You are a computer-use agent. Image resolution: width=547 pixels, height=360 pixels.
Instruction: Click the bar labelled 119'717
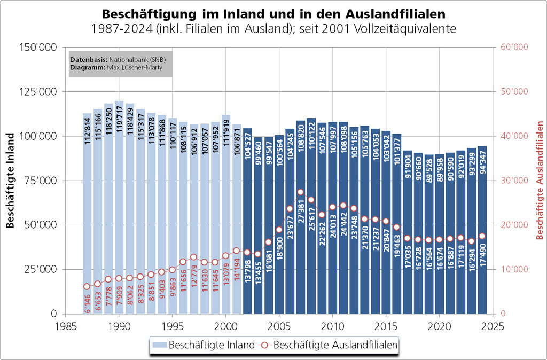coord(119,214)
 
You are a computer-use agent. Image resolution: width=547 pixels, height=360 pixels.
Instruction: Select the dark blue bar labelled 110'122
coord(311,224)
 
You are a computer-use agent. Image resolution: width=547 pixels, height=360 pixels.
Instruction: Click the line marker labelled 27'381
coord(300,192)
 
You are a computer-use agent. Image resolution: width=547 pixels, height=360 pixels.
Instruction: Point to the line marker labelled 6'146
coord(87,286)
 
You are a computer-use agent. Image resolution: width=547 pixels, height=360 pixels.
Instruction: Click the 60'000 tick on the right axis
coord(514,48)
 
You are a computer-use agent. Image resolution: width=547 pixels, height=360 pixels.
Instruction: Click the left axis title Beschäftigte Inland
coord(10,181)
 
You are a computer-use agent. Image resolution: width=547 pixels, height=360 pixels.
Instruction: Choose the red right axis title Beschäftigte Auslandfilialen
coord(539,181)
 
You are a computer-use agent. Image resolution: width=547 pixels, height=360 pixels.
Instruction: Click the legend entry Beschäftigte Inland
coord(212,345)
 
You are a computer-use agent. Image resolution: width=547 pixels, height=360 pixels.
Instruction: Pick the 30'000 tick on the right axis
coord(514,181)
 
